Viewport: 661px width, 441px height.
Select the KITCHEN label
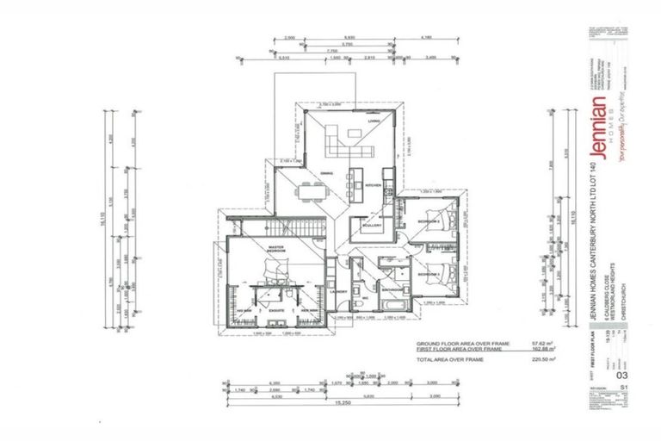374,186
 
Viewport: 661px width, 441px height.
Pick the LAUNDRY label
338,292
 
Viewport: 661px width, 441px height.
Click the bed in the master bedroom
276,270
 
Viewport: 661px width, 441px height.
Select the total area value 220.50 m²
516,359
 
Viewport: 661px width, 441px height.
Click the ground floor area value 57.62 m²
518,343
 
